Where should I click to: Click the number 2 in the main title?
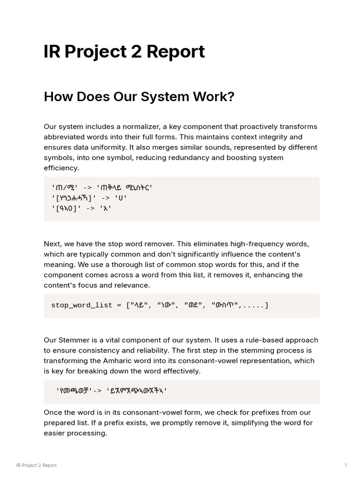pyautogui.click(x=137, y=52)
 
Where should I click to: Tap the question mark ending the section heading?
pyautogui.click(x=231, y=96)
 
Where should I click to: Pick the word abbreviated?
pyautogui.click(x=65, y=137)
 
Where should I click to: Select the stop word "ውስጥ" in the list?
pyautogui.click(x=225, y=305)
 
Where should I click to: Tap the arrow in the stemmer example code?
pyautogui.click(x=97, y=391)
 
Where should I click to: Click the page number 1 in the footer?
pyautogui.click(x=346, y=466)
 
